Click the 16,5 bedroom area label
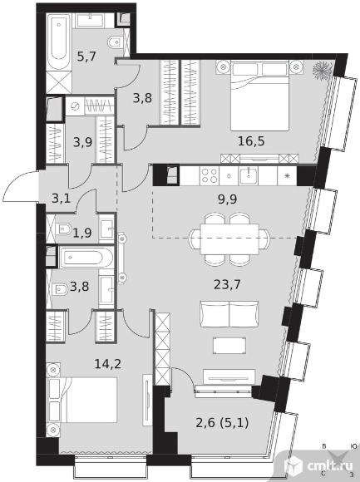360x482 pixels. (251, 141)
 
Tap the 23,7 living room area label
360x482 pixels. (227, 284)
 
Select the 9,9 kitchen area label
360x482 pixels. (227, 199)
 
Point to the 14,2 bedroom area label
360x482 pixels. (108, 364)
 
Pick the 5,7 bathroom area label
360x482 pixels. (86, 57)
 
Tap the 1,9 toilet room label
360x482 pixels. (82, 233)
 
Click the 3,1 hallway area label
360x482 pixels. (62, 199)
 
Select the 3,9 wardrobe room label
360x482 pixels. (82, 142)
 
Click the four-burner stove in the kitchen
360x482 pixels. (209, 176)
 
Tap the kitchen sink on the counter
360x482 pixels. (249, 176)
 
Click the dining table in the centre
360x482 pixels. (229, 239)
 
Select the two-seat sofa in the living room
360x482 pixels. (229, 314)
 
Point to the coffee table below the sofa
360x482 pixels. (229, 345)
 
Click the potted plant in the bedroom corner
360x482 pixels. (322, 70)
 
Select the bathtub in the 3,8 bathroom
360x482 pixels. (86, 257)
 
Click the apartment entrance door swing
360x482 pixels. (21, 187)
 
